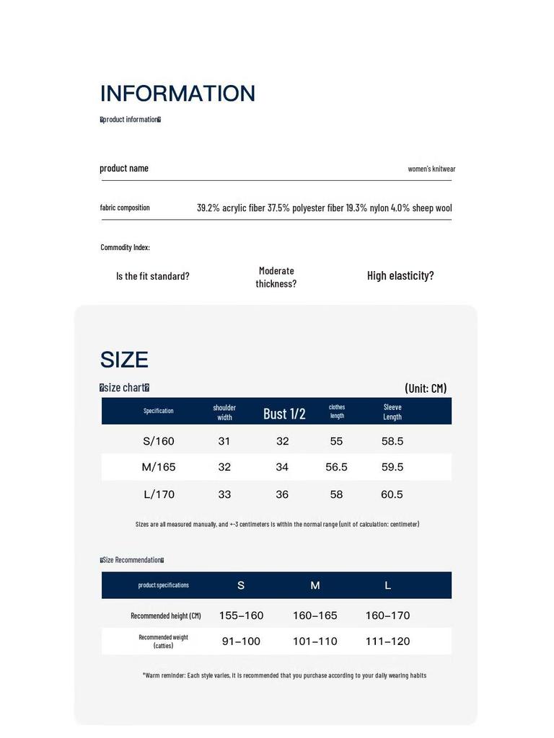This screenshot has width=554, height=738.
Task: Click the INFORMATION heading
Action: coord(177,94)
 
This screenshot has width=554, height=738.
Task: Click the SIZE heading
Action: coord(124,360)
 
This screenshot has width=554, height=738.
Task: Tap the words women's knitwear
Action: coord(431,169)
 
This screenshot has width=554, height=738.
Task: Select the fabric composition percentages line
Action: coord(324,208)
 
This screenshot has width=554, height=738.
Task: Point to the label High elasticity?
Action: coord(400,275)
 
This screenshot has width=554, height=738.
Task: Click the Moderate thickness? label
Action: coord(276,277)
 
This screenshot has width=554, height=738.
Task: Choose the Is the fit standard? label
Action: coord(153,276)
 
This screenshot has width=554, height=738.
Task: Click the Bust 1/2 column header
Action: coord(284,413)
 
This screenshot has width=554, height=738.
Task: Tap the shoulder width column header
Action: coord(224,412)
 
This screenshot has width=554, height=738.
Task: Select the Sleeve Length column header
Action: coord(392,412)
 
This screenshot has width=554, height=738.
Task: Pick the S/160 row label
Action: coord(159,441)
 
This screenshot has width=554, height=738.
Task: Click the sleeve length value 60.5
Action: coord(392,494)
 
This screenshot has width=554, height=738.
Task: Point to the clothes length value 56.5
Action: coord(336,467)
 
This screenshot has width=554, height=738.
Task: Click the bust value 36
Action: coord(282,494)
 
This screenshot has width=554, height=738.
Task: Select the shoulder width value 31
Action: coord(224,441)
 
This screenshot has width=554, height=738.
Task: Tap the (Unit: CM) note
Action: coord(426,388)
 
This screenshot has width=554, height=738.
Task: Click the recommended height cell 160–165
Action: coord(315,615)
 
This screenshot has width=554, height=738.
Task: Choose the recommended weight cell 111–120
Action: coord(387,641)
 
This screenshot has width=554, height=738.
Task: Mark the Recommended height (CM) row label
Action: coord(166,615)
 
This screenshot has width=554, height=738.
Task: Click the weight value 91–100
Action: coord(241,641)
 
